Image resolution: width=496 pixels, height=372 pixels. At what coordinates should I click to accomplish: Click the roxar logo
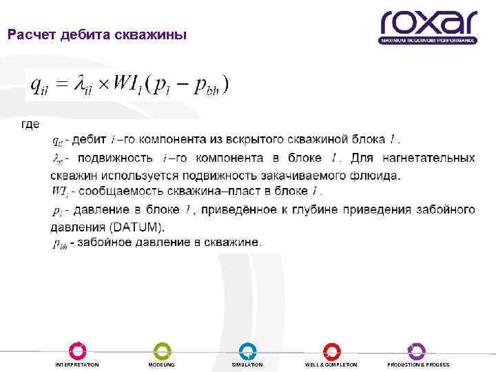428,27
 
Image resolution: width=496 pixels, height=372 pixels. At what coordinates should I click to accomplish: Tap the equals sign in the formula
61,85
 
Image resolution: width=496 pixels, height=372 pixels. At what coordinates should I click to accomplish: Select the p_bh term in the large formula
207,86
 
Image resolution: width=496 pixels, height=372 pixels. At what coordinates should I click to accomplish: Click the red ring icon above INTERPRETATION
77,350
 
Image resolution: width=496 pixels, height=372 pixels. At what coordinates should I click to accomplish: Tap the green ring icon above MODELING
162,350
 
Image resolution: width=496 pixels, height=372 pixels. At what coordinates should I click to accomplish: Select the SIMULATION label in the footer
247,364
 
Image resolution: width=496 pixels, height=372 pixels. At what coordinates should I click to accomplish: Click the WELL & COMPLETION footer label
331,364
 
